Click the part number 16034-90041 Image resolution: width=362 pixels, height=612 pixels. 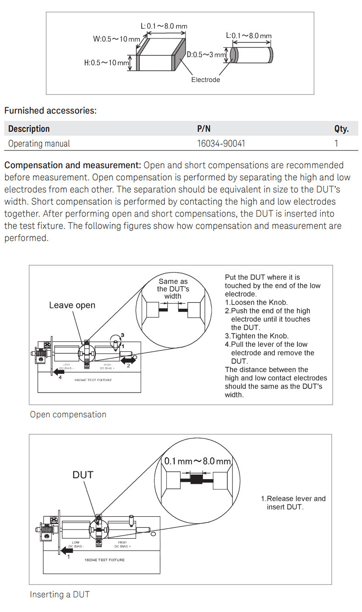221,143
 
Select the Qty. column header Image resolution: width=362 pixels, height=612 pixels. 341,129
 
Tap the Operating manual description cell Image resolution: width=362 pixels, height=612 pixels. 39,143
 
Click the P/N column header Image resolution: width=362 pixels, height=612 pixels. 203,129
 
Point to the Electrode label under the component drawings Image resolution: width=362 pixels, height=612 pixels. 205,80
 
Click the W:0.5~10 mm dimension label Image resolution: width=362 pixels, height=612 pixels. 116,39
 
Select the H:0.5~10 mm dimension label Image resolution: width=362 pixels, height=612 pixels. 106,62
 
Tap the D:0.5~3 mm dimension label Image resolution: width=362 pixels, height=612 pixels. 206,55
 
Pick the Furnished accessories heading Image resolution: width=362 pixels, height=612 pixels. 50,110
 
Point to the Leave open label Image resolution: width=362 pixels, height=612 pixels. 72,305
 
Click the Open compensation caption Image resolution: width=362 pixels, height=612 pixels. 68,415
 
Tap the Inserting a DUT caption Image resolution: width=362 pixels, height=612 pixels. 60,594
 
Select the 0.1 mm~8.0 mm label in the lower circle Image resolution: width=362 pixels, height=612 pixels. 197,461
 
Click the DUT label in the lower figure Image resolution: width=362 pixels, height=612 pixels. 83,475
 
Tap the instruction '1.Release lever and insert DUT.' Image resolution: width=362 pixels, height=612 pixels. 293,503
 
